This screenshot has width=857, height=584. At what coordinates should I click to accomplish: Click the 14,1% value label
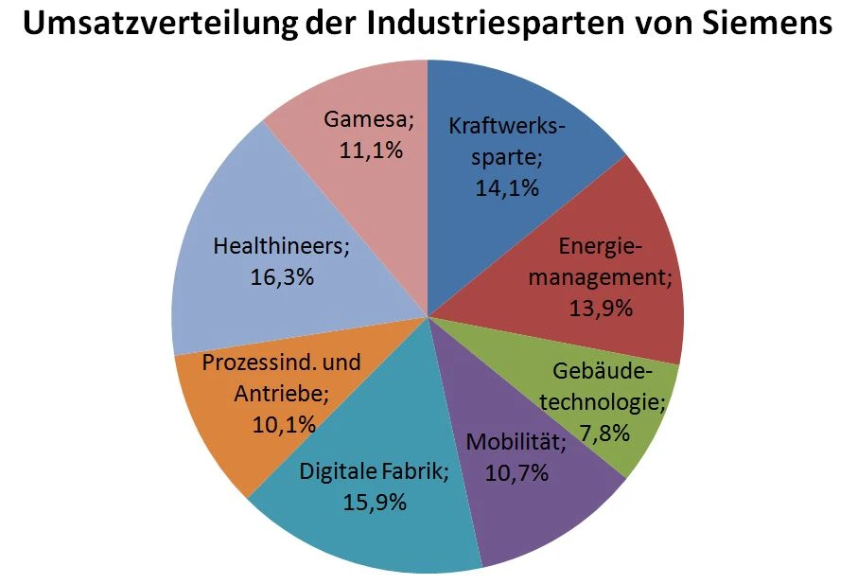pos(506,187)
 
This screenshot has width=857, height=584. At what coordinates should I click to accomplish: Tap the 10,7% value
pos(516,472)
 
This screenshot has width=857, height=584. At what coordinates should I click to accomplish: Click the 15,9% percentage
pos(375,502)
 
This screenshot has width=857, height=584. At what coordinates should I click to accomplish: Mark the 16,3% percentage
pos(281,277)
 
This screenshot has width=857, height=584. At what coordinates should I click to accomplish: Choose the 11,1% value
pos(370,150)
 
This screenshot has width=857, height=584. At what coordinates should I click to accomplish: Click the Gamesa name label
pos(370,119)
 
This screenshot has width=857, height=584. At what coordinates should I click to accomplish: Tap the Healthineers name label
pos(281,246)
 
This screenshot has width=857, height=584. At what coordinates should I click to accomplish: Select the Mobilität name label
pos(516,442)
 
